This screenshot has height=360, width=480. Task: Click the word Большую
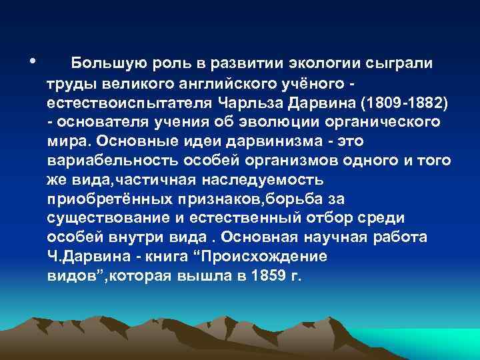[103, 64]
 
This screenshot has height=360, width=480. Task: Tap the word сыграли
[401, 64]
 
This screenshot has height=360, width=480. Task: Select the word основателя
[100, 123]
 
